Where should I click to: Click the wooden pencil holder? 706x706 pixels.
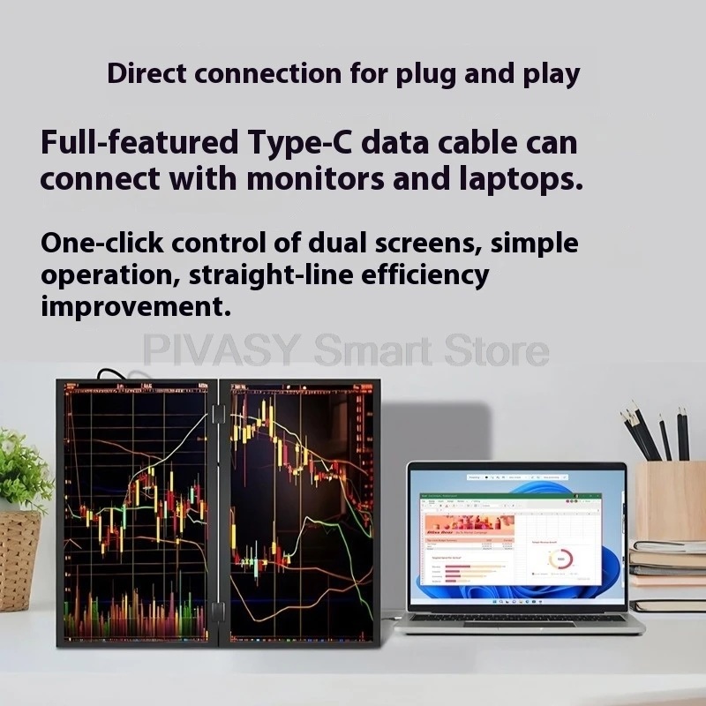670,500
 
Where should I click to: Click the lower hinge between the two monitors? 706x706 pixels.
217,612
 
